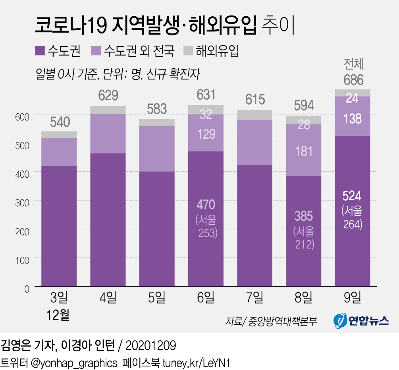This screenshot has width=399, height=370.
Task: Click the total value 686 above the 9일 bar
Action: pos(353,80)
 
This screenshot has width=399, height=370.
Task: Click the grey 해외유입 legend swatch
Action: pos(188,50)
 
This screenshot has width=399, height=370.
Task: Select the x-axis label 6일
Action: pos(206,297)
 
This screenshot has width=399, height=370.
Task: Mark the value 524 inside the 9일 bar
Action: pos(353,196)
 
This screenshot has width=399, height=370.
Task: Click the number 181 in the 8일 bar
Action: pos(304,151)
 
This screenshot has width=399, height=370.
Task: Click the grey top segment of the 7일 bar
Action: pos(255,114)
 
